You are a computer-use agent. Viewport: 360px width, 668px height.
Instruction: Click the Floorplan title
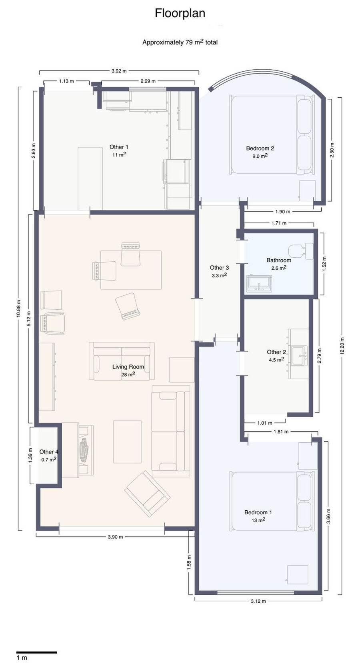[180, 14]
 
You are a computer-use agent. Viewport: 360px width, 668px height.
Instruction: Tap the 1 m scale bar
[36, 652]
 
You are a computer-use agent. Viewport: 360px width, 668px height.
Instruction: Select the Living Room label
[128, 367]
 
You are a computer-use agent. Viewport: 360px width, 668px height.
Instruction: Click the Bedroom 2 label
[260, 148]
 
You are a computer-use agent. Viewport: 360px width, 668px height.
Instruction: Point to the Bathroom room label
[279, 260]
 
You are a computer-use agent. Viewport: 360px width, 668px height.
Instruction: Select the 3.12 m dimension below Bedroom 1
[258, 601]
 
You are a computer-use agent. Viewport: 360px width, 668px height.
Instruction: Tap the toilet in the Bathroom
[301, 250]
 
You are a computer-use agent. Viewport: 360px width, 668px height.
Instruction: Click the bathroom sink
[259, 283]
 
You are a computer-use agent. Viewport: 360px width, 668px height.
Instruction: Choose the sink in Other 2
[300, 355]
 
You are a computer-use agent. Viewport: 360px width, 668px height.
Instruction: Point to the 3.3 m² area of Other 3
[219, 275]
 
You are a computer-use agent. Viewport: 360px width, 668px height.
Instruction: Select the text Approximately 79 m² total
[180, 42]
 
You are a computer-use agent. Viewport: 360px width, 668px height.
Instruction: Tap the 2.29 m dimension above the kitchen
[148, 81]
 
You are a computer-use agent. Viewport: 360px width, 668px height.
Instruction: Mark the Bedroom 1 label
[258, 512]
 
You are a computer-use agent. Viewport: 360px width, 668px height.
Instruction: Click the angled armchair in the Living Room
[147, 493]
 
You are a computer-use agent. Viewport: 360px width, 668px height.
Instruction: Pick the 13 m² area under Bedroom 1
[258, 520]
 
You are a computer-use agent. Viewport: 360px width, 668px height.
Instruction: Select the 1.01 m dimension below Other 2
[265, 423]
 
